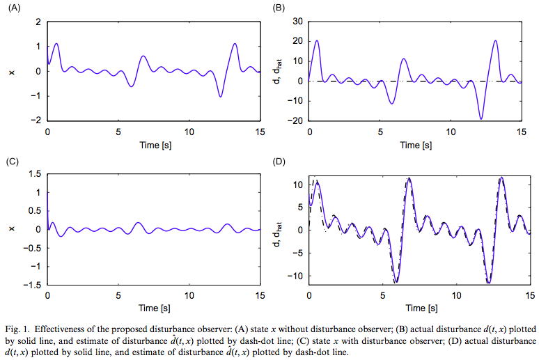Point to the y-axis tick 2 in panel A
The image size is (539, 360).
(38, 22)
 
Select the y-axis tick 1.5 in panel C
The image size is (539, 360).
(35, 173)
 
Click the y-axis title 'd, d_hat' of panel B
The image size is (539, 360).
(279, 72)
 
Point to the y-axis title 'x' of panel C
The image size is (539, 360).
(11, 228)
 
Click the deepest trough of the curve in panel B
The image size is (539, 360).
(481, 118)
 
